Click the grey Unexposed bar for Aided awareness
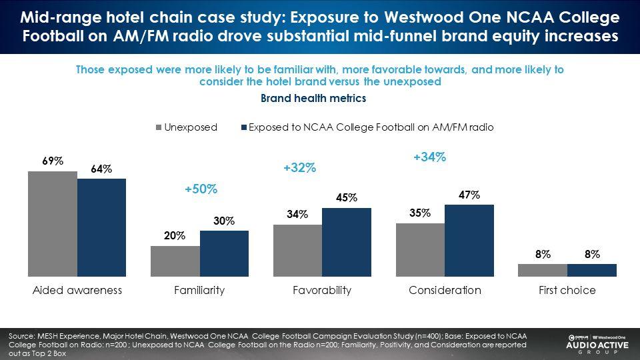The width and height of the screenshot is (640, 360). click(53, 224)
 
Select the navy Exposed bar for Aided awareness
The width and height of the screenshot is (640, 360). click(101, 227)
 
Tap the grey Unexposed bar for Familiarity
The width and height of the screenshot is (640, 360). click(175, 261)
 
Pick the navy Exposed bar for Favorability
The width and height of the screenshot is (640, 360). click(347, 242)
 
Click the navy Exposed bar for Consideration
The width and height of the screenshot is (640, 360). click(469, 240)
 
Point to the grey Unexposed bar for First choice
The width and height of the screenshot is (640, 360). click(543, 270)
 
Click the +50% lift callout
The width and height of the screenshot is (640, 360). click(201, 189)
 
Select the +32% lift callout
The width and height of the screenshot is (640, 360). click(299, 169)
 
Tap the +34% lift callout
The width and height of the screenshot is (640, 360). click(429, 157)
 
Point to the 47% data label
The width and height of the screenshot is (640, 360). click(469, 195)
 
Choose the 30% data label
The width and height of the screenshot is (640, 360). click(224, 221)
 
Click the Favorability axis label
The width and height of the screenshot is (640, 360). click(322, 291)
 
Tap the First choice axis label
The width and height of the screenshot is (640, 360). click(567, 291)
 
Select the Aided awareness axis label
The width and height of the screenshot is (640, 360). click(77, 291)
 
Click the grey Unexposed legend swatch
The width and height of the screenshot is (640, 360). click(159, 127)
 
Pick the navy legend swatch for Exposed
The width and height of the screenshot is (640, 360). click(243, 127)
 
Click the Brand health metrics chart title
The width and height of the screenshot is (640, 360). click(313, 98)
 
